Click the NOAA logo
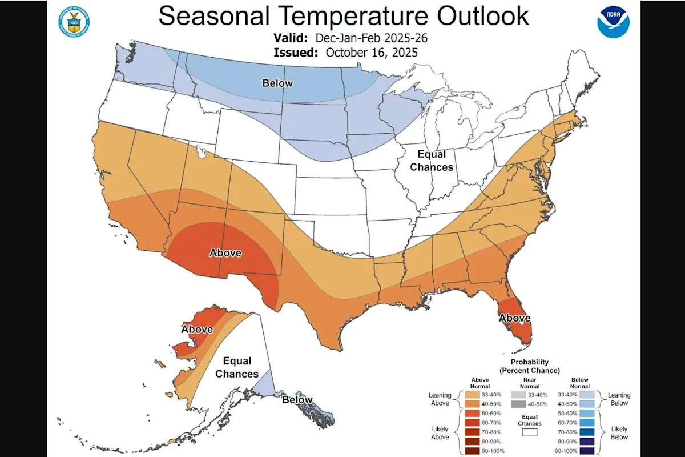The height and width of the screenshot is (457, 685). point(613,22)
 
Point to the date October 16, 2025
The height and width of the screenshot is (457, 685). point(372,52)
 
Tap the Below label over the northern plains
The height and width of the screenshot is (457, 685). point(277,83)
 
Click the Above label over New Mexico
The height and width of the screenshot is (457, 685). point(225,252)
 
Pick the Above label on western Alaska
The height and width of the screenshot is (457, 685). point(197,330)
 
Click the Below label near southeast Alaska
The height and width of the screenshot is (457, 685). point(297,400)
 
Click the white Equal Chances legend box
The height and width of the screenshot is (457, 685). point(530,434)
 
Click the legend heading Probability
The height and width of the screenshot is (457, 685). point(530,362)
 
